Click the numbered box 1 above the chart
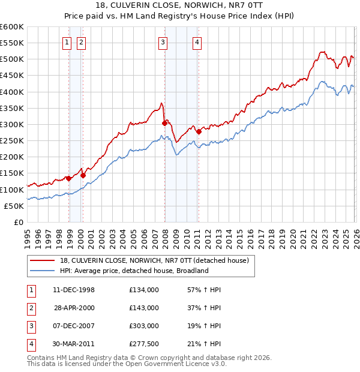click(x=66, y=42)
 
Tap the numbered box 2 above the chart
click(x=80, y=42)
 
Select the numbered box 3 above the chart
click(x=163, y=42)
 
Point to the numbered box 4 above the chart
click(x=197, y=42)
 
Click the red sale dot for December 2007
click(x=164, y=123)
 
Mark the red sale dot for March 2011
click(x=199, y=131)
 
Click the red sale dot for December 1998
click(x=69, y=178)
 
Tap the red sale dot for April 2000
click(x=83, y=175)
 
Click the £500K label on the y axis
click(x=12, y=59)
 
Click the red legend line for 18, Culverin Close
click(x=43, y=260)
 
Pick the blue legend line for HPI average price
click(x=43, y=271)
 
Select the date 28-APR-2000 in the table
click(x=74, y=308)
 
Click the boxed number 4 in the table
click(x=31, y=344)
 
